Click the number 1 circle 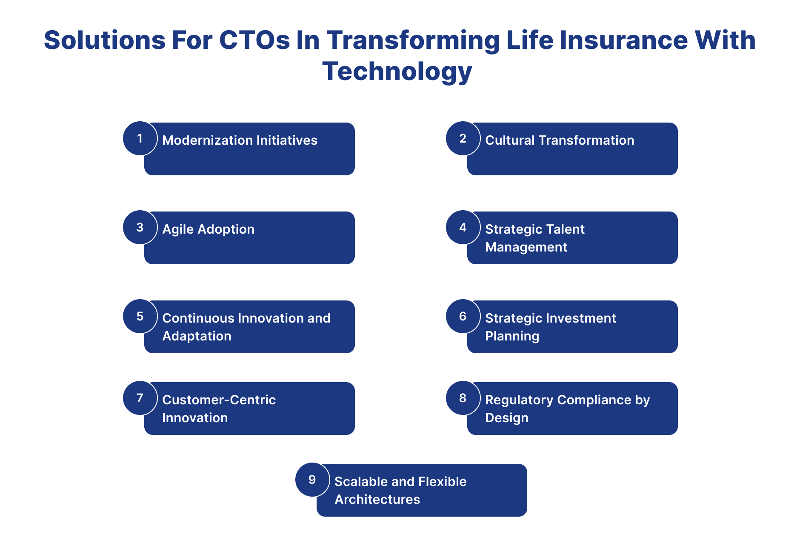(x=140, y=138)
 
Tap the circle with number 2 (x=463, y=138)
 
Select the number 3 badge (x=140, y=227)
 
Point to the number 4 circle (x=463, y=227)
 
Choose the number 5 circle (x=140, y=316)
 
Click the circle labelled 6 (x=463, y=316)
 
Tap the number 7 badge (x=140, y=398)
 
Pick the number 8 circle (x=463, y=398)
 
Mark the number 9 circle (x=312, y=480)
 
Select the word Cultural (x=509, y=140)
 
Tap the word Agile (x=177, y=229)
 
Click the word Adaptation (x=197, y=336)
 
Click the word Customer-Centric (x=219, y=400)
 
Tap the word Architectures (x=377, y=500)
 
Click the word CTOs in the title (x=254, y=40)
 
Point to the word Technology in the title (x=397, y=71)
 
